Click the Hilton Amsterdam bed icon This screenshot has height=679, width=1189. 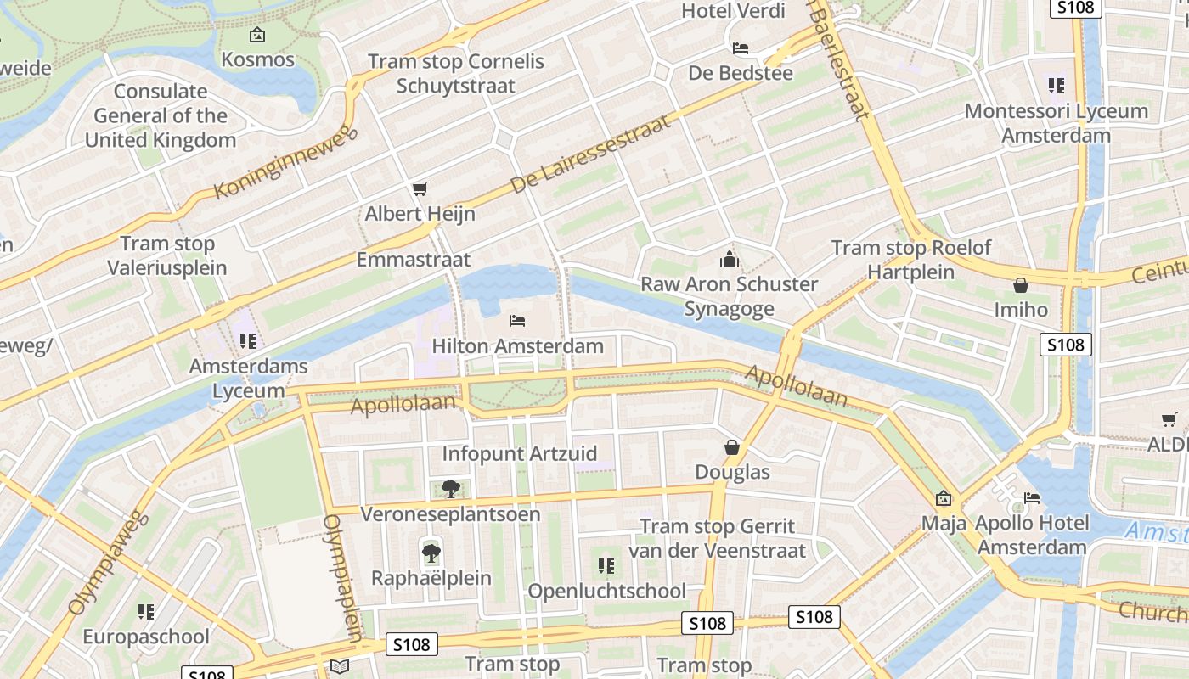pos(517,321)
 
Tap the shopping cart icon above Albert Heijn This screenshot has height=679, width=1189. pos(420,189)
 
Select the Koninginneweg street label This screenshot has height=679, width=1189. pos(282,165)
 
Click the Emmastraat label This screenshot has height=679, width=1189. pos(413,259)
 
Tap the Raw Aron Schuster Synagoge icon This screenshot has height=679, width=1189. pos(729,259)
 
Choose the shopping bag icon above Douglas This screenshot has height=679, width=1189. pos(731,447)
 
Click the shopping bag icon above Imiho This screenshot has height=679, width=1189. pos(1021,285)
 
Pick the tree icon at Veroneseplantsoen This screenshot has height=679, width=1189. pos(450,489)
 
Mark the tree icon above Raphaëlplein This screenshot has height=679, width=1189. pos(431,553)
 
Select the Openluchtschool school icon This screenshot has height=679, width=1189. pos(606,565)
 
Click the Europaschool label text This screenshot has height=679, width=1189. pos(146,637)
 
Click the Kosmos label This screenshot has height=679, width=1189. pos(257,59)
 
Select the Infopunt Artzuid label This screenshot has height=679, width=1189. pos(520,453)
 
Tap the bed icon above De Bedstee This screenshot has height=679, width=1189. pos(741,48)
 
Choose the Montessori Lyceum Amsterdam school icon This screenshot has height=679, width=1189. pos(1056,86)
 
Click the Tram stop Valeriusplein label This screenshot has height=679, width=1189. pos(167,255)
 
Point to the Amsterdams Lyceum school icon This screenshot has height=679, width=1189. pos(247,341)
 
